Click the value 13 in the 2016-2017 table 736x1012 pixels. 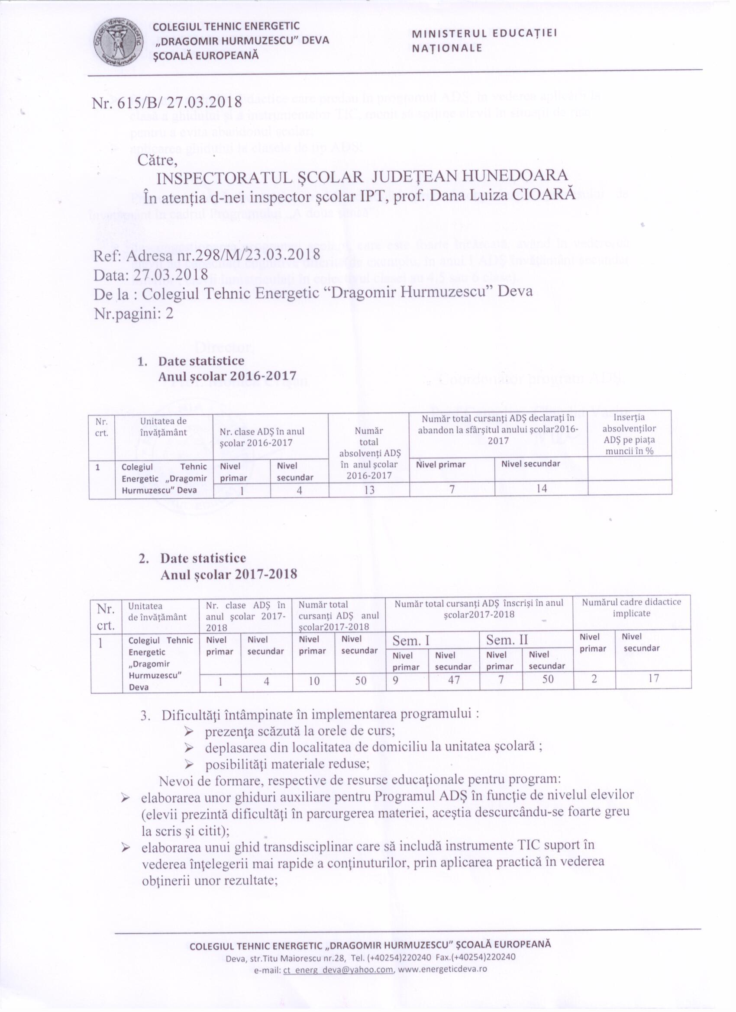(369, 490)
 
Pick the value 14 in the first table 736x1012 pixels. (542, 488)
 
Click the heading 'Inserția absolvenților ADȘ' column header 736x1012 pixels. (629, 434)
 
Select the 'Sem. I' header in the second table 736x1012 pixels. (411, 640)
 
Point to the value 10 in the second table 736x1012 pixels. (314, 680)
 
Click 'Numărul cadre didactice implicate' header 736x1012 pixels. (632, 607)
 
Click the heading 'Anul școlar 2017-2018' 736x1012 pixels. (229, 574)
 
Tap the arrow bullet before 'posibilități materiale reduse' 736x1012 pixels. (189, 764)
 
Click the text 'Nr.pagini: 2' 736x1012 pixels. (134, 314)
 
